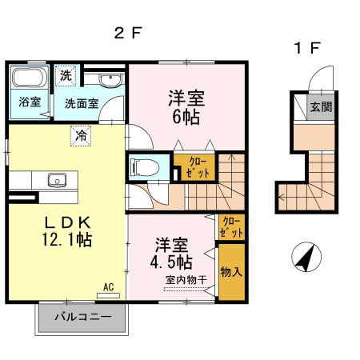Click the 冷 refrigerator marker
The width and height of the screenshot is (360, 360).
80,135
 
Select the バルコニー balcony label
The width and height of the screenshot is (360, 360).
82,317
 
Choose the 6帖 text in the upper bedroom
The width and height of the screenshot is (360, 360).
185,117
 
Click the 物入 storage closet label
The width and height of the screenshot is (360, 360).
230,272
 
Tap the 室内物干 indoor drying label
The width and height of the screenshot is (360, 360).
185,280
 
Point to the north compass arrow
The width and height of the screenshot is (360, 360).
305,258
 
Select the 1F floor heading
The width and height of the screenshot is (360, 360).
307,48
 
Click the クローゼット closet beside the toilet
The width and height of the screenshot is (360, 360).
194,168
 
